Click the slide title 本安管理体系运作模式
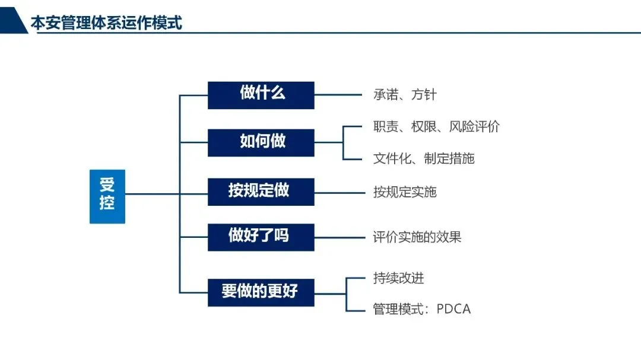106,23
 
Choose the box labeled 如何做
261,142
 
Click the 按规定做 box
261,191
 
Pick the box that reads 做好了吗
261,237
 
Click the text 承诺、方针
405,95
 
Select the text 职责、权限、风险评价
436,126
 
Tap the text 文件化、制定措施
424,158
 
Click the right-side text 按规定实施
405,192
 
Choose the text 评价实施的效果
417,237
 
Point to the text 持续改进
399,278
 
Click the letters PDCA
453,309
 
